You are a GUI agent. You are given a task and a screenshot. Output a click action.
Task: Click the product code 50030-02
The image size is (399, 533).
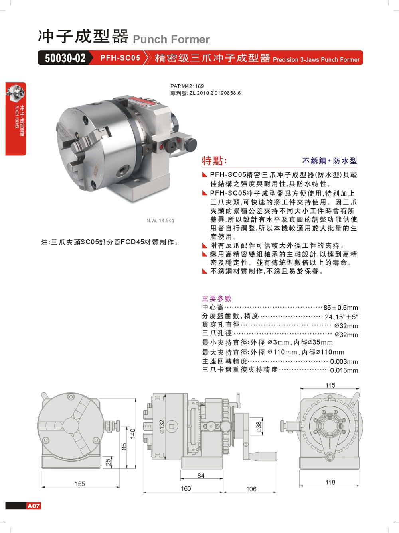(65, 58)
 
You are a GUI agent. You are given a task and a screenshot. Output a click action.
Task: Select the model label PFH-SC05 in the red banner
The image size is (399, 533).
(120, 58)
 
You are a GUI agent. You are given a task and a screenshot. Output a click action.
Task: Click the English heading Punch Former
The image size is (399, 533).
(171, 39)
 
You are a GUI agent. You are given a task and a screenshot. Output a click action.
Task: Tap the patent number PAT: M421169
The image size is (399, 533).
(187, 86)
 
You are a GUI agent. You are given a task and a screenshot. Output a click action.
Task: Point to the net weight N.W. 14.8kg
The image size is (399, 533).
(160, 220)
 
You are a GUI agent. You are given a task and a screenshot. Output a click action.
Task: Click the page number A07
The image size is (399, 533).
(34, 506)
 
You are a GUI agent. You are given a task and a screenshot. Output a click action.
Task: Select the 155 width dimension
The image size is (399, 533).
(80, 484)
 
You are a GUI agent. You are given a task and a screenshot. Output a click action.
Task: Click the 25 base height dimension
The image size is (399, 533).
(108, 462)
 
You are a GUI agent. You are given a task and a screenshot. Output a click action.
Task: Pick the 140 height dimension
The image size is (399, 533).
(132, 433)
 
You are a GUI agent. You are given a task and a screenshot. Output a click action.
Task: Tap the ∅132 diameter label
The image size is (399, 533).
(162, 426)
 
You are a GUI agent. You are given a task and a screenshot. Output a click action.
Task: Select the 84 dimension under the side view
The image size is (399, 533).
(201, 475)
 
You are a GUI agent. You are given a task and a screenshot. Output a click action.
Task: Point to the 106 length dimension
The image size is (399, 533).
(251, 489)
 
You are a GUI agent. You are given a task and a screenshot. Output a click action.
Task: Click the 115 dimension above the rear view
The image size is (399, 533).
(330, 385)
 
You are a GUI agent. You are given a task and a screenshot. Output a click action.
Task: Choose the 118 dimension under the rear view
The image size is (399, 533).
(330, 482)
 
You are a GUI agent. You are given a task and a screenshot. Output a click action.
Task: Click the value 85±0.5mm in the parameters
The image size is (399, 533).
(341, 308)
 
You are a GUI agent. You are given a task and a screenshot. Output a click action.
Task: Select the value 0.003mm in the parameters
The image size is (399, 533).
(344, 362)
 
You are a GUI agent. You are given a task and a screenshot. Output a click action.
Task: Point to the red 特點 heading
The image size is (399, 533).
(214, 161)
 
